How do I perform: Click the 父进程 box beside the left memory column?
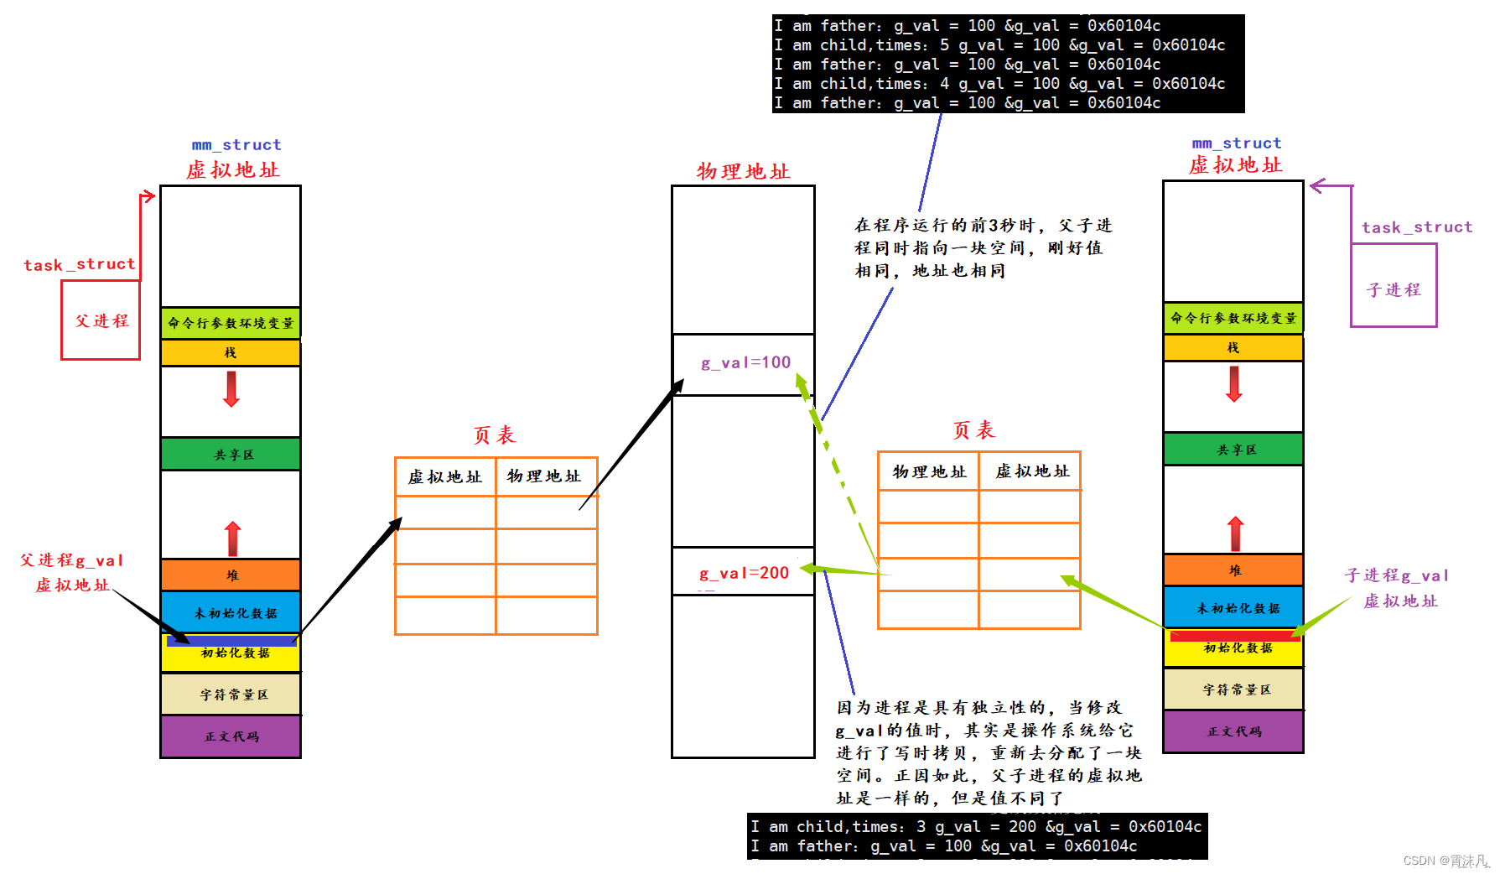(101, 320)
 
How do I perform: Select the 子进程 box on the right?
(1394, 289)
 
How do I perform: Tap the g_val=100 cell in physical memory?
(745, 363)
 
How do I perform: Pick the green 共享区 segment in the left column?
(231, 454)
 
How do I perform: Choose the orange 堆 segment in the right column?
(1233, 570)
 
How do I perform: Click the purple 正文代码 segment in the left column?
(231, 736)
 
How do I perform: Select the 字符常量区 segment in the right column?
(1233, 689)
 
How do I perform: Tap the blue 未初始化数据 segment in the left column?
(231, 612)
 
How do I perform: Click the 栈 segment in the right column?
(1233, 347)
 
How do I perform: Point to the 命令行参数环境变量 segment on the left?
(231, 323)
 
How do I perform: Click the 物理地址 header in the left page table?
(545, 476)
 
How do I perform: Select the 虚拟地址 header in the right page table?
(1031, 471)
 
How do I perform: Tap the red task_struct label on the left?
(80, 265)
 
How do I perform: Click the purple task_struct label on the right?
(1416, 227)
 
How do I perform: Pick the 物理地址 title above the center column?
(743, 172)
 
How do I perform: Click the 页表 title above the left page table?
(495, 435)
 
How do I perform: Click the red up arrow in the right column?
(1235, 533)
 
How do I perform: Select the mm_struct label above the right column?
(1236, 143)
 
